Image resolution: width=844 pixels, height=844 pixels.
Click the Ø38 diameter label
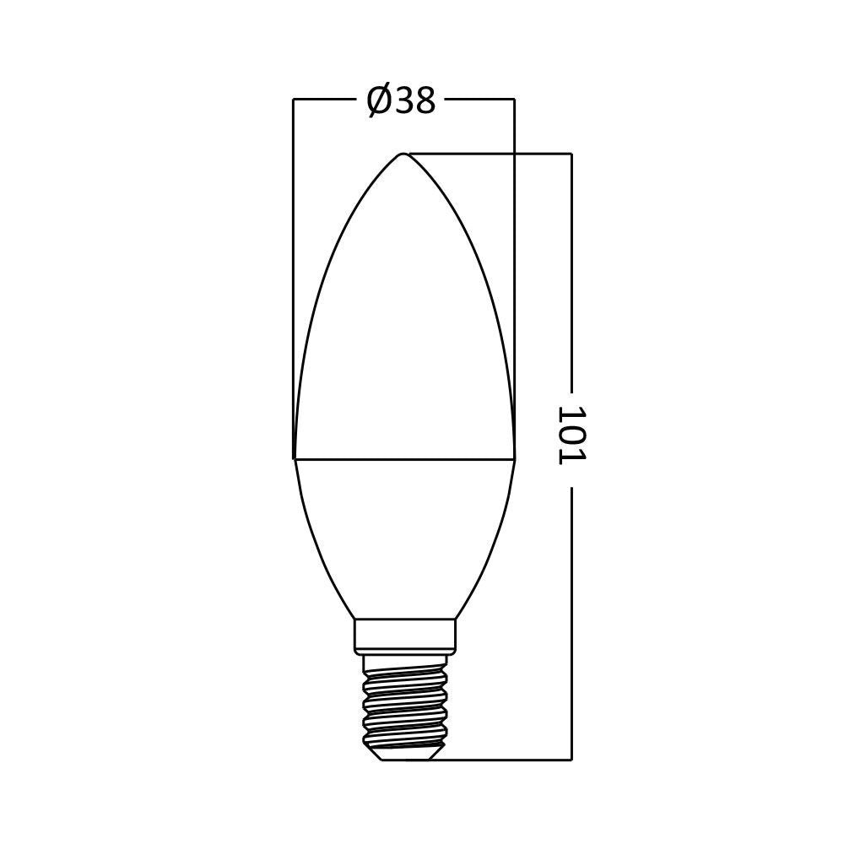401,101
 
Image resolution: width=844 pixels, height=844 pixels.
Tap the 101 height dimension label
571,435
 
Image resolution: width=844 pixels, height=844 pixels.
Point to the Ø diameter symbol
379,101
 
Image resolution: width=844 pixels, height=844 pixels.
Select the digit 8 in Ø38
425,101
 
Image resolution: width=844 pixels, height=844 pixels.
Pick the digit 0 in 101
571,435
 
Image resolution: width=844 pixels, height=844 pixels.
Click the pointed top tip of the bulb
403,154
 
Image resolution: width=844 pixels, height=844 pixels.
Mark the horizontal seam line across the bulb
403,460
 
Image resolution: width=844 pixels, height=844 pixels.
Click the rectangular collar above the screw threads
404,636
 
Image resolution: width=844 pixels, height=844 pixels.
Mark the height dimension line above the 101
571,270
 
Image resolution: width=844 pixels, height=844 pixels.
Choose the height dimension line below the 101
571,625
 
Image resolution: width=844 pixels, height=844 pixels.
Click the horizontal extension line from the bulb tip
490,154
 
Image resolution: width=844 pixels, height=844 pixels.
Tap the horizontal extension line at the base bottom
506,760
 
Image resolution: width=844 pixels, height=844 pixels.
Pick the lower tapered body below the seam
403,532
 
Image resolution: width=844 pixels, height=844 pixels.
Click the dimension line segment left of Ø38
325,100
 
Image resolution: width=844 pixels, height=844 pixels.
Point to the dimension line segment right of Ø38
479,100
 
